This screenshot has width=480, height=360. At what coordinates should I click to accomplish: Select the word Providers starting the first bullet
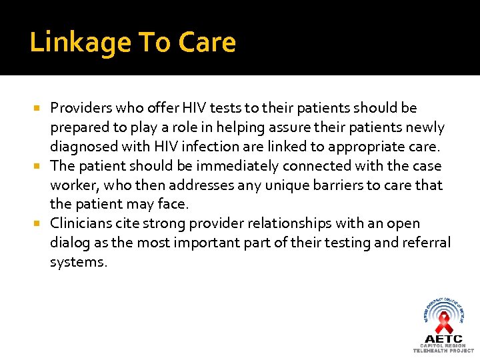[80, 107]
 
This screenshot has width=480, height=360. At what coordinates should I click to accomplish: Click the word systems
[78, 262]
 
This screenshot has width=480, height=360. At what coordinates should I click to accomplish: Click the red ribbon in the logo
[443, 323]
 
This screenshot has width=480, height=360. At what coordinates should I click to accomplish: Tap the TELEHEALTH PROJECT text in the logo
[443, 351]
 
